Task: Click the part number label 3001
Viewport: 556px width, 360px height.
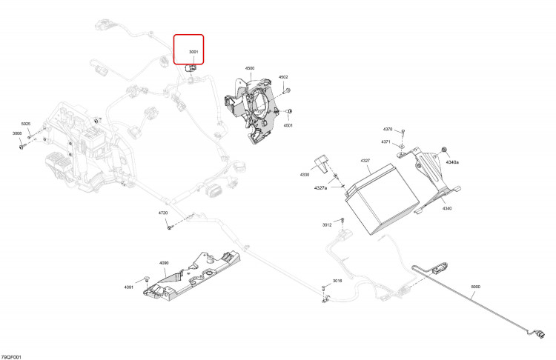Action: [x=193, y=52]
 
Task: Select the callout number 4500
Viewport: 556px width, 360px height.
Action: [x=250, y=68]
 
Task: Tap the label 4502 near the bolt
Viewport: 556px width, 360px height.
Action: [x=283, y=77]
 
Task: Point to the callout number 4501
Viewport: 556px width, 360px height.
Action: [x=288, y=125]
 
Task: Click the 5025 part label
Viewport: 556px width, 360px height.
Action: [x=26, y=124]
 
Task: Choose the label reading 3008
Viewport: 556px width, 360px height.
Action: [x=17, y=133]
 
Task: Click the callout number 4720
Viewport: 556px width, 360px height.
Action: [x=163, y=213]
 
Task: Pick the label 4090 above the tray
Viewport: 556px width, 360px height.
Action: [x=164, y=263]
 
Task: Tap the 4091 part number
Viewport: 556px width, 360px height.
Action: [x=129, y=287]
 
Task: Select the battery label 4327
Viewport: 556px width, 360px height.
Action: [x=365, y=161]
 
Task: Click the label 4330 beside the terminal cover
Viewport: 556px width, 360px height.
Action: [x=305, y=175]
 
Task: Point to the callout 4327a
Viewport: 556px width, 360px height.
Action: [x=320, y=188]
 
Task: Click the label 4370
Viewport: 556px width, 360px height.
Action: [x=388, y=130]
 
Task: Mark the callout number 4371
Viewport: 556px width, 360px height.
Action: [x=385, y=141]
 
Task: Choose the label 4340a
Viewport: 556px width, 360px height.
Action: [x=452, y=162]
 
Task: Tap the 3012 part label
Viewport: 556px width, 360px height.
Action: [x=327, y=224]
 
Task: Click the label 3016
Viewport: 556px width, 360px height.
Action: [x=337, y=281]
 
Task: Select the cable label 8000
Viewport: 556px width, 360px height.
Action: [x=475, y=287]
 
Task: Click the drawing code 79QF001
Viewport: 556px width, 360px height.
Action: [x=11, y=357]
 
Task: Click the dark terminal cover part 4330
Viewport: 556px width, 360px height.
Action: [x=321, y=163]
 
